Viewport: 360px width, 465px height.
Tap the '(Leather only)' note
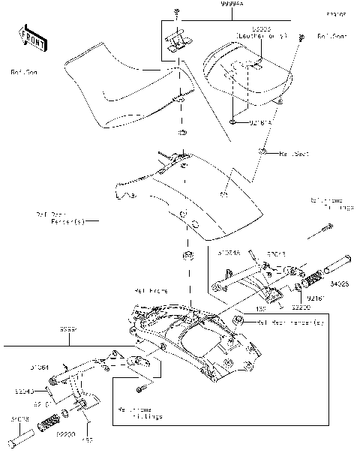(x=256, y=35)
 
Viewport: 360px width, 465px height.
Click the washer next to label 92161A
(x=234, y=120)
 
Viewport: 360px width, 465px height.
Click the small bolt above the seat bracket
(x=175, y=15)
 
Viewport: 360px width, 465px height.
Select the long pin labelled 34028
(x=329, y=266)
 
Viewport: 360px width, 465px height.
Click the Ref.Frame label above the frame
(x=151, y=289)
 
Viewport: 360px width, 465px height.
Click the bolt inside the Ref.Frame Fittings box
(x=140, y=388)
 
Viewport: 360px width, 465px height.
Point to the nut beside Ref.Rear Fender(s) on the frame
(x=238, y=322)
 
